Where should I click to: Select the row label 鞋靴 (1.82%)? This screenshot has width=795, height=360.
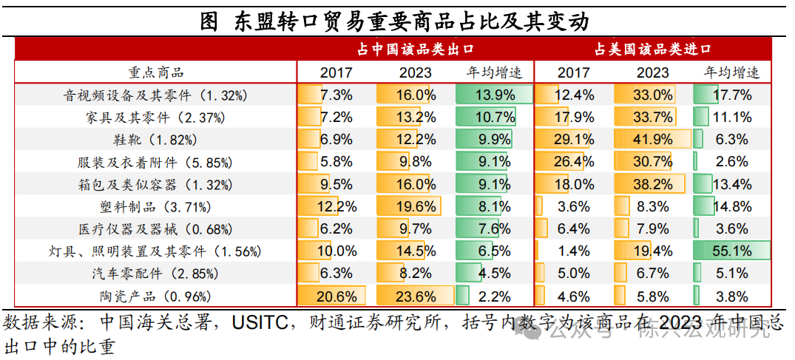pyautogui.click(x=155, y=140)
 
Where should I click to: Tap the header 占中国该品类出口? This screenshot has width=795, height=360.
pyautogui.click(x=415, y=50)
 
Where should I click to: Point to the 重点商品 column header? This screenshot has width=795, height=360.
pyautogui.click(x=155, y=72)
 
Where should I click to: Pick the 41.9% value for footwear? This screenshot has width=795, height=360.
pyautogui.click(x=652, y=140)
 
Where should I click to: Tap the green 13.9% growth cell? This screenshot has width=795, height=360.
pyautogui.click(x=493, y=95)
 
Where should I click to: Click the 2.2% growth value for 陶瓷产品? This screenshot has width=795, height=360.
pyautogui.click(x=493, y=296)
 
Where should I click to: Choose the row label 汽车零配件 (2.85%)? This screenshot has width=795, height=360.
pyautogui.click(x=155, y=274)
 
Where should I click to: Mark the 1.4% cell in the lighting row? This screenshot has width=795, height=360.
pyautogui.click(x=573, y=251)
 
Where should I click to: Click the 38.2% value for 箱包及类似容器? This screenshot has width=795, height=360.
pyautogui.click(x=652, y=184)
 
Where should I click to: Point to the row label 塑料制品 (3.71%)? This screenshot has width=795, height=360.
pyautogui.click(x=155, y=207)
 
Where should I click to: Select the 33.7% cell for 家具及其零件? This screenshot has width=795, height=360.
pyautogui.click(x=652, y=117)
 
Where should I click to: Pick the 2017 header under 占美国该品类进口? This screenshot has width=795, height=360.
pyautogui.click(x=573, y=72)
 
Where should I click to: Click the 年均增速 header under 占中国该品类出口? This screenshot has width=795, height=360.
pyautogui.click(x=493, y=72)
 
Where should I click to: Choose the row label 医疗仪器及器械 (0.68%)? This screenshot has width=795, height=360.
pyautogui.click(x=155, y=229)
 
